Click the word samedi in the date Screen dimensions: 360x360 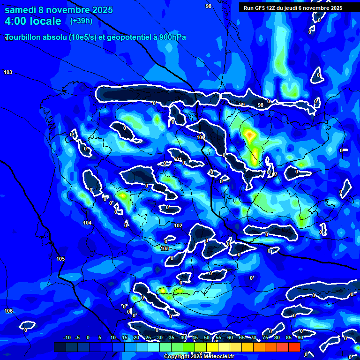(x=21, y=10)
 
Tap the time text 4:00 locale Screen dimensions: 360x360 (x=33, y=21)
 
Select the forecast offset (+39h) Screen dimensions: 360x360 (x=81, y=21)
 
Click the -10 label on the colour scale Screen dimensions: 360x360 (x=67, y=337)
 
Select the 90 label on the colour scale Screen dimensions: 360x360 (x=300, y=337)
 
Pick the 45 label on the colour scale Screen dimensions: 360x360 (x=195, y=337)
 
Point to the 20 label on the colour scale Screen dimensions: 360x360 (x=136, y=337)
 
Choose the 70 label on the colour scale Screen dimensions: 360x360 (x=253, y=337)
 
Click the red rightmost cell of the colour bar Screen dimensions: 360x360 (x=294, y=347)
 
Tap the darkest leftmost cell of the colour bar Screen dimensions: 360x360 (x=60, y=347)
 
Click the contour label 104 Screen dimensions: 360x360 (x=87, y=223)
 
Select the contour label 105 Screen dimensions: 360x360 (x=60, y=259)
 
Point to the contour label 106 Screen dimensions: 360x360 (x=8, y=311)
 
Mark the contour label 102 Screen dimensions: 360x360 (x=178, y=225)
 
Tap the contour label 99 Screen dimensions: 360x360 (x=242, y=105)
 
